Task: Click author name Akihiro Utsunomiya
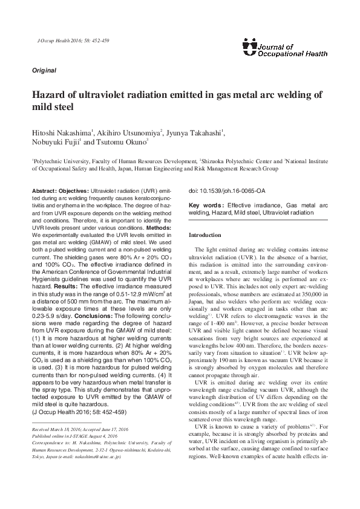pyautogui.click(x=131, y=132)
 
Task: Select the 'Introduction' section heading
pyautogui.click(x=206, y=235)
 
